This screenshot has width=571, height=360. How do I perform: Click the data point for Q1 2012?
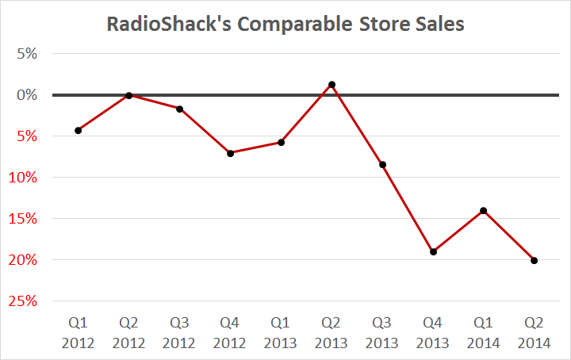point(78,130)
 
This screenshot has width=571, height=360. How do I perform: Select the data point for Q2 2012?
point(128,95)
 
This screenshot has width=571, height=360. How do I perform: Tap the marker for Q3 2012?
point(179,109)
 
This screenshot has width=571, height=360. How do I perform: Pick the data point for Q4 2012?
point(230,153)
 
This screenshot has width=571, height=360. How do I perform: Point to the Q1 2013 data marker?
point(281,143)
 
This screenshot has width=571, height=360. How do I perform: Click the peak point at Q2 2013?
point(331,84)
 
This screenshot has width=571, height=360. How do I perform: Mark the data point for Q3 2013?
point(382,165)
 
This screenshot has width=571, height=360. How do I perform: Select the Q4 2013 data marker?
point(433,251)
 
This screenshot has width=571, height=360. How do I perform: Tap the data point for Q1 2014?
point(483,211)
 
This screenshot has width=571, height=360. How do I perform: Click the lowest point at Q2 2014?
point(534,260)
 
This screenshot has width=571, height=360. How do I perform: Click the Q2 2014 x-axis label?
point(534,333)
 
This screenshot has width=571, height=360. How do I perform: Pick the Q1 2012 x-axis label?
point(78,333)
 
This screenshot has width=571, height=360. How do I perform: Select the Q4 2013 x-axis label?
point(433,333)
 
